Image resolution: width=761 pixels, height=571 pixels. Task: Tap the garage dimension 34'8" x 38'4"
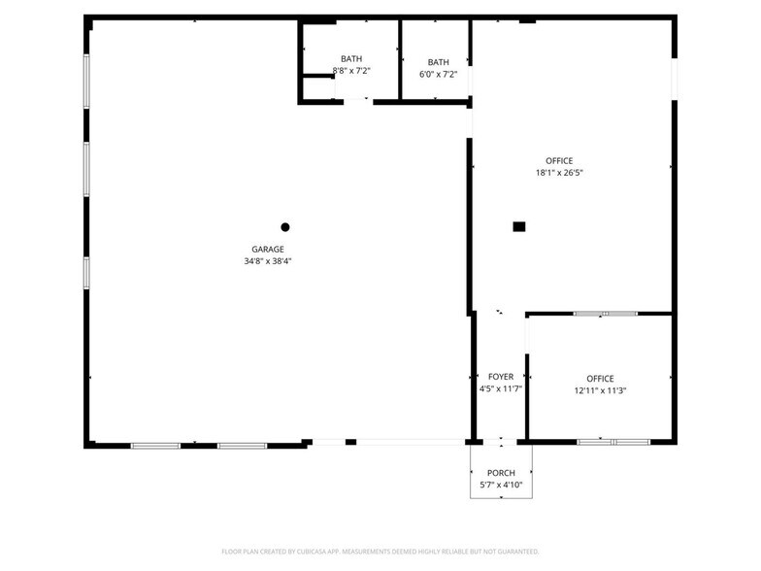[x=268, y=260]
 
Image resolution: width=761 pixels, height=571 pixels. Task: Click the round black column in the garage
[x=285, y=227]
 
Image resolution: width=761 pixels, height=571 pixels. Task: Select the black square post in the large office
[x=519, y=226]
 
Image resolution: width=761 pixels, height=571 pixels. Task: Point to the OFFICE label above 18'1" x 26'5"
[x=559, y=161]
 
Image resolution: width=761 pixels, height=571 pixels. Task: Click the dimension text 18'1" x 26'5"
[x=559, y=173]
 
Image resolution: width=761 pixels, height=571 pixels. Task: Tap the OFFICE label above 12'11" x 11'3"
[x=600, y=379]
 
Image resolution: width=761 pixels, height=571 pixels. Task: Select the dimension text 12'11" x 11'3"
[x=600, y=390]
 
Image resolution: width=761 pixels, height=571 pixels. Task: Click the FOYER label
[x=501, y=377]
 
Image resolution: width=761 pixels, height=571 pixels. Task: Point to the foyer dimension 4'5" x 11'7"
[x=501, y=388]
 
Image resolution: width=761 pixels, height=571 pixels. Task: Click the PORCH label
[x=501, y=473]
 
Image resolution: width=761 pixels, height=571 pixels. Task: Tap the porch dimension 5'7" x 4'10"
[x=501, y=485]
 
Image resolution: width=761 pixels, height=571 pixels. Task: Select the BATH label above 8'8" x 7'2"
[x=351, y=59]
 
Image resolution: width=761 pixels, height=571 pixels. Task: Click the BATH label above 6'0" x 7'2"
[x=439, y=62]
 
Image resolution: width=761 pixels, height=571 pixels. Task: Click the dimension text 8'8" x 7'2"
[x=351, y=71]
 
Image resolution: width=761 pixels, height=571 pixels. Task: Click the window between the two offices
[x=605, y=314]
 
